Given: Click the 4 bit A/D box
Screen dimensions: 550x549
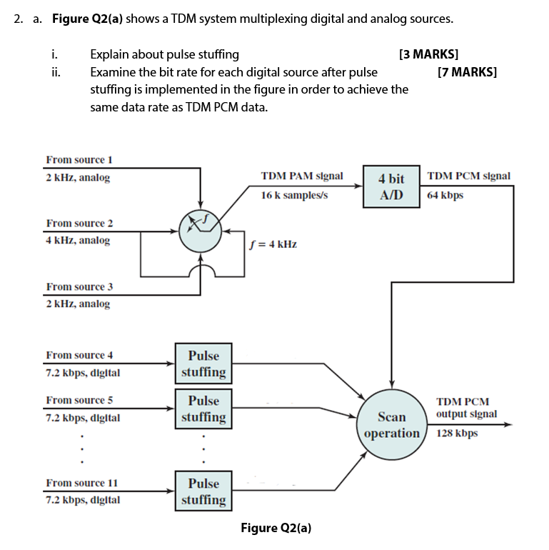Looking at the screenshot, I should [391, 186].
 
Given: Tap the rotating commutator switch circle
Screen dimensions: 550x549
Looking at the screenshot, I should [201, 229].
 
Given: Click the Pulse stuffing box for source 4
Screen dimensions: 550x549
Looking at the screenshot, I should [203, 363].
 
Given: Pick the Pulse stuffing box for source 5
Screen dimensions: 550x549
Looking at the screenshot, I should [203, 409].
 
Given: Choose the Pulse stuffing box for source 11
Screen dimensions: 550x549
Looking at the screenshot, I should [203, 491].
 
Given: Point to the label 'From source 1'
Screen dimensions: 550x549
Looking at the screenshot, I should [79, 159].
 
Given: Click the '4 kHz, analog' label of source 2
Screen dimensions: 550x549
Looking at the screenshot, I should [78, 241].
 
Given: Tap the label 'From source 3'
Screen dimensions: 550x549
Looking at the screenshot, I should [79, 286].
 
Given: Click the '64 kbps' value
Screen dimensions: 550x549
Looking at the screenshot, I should [445, 195].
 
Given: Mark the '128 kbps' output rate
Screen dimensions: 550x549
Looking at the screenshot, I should [457, 433].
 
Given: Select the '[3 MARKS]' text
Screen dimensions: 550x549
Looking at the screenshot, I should [428, 54].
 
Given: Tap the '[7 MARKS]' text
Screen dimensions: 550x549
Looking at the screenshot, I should [467, 72].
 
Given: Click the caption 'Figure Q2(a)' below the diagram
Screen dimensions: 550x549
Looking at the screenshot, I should [276, 528].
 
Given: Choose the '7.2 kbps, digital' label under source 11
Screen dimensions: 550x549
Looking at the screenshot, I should [83, 500].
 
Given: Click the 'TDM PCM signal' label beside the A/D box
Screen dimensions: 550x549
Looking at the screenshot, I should [468, 176].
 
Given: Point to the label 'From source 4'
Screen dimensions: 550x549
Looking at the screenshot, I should [79, 355].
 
